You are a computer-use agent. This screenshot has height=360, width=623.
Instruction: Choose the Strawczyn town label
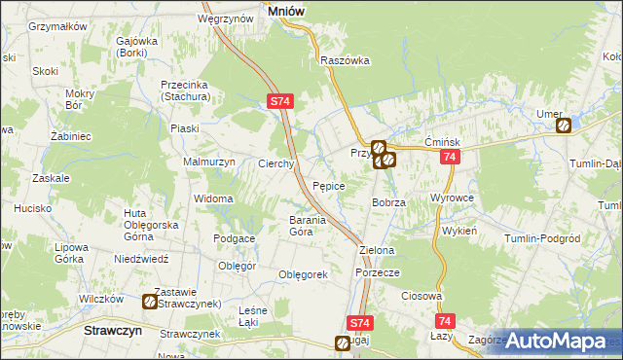(108, 330)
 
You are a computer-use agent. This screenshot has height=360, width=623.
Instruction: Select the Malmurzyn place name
(209, 162)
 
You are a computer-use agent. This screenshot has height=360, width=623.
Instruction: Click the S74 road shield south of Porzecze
(359, 322)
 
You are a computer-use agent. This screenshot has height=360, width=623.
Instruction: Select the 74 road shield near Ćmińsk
(449, 157)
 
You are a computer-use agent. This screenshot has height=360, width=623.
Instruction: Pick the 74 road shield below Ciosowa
(445, 321)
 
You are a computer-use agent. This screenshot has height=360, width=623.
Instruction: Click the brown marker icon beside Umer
(564, 125)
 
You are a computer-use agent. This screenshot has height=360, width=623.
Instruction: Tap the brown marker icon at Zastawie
(150, 303)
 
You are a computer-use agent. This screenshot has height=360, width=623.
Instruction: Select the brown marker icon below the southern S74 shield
(343, 342)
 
